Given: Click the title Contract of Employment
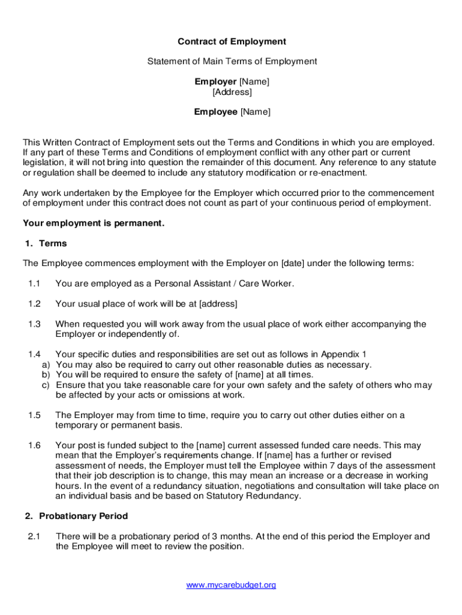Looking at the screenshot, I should pos(232,41).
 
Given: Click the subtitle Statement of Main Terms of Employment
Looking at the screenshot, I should pos(232,61).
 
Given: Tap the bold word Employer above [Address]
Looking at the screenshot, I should pos(215,82).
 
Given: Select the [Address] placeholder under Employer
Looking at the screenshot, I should pos(232,92).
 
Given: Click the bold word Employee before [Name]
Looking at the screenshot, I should pos(215,112).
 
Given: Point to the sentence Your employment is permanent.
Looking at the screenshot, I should pos(93,223).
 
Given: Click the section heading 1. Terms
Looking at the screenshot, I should pos(46,243).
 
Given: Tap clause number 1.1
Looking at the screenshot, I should pos(34,283).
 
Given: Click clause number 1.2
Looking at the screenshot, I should pos(34,303).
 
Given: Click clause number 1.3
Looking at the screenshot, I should pos(34,324).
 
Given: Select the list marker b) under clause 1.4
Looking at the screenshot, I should pos(46,375).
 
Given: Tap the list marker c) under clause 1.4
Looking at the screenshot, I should pos(46,385).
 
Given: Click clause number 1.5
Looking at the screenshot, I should pos(34,415).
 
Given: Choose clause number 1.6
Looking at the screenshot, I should pos(34,446).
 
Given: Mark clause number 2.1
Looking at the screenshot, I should pos(34,536).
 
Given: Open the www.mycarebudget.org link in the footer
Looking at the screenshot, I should pos(232,585).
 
